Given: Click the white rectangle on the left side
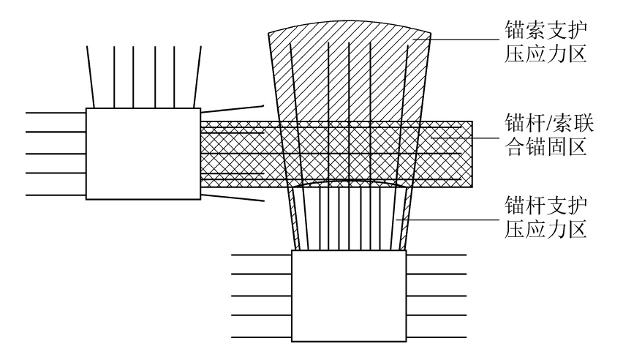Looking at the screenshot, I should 143,154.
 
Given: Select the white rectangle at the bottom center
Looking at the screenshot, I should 348,296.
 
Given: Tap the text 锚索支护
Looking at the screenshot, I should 545,31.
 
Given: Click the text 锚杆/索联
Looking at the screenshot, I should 545,121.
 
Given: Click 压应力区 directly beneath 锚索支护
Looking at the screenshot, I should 545,56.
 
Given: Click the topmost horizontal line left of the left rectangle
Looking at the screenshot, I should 56,113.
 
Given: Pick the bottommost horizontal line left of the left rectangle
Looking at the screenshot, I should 56,195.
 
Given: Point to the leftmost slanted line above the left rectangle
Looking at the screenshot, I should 91,77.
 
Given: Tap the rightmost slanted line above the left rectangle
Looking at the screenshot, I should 195,77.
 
